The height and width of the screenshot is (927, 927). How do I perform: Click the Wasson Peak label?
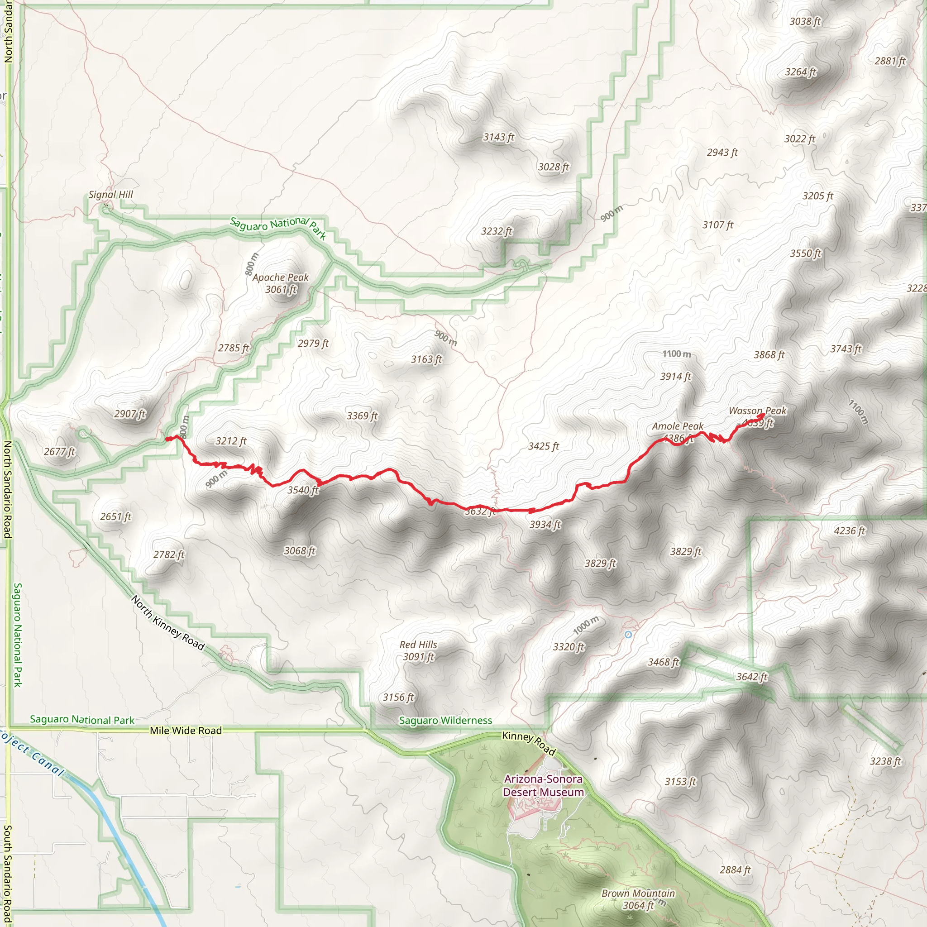coord(758,411)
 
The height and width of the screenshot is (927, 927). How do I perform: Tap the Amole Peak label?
coord(678,426)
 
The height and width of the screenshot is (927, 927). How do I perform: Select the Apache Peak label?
coord(281,277)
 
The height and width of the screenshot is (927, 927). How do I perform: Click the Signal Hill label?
coord(111,194)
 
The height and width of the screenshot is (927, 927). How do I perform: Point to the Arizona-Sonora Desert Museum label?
coord(543,785)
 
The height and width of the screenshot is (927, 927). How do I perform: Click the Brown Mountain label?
coord(638,894)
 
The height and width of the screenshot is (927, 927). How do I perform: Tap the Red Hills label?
coord(418,645)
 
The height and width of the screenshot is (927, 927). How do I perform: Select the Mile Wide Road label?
coord(186,730)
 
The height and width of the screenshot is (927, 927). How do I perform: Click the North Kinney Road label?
coord(168,623)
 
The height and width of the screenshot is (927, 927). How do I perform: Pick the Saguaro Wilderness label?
coord(445,720)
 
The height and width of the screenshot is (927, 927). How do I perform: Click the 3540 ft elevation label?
coord(303,490)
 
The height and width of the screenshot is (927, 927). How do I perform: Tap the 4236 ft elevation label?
coord(849,530)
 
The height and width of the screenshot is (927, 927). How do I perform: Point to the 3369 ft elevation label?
coord(362,416)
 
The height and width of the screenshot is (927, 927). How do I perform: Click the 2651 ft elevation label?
coord(115,516)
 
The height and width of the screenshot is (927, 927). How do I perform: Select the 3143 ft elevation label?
coord(498,137)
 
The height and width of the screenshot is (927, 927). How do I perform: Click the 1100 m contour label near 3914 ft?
coord(677,354)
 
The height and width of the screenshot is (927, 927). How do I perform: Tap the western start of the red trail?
coord(167,438)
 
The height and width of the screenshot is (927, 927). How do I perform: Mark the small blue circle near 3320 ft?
coord(628,634)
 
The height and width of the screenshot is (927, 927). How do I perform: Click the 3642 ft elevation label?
coord(752,677)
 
